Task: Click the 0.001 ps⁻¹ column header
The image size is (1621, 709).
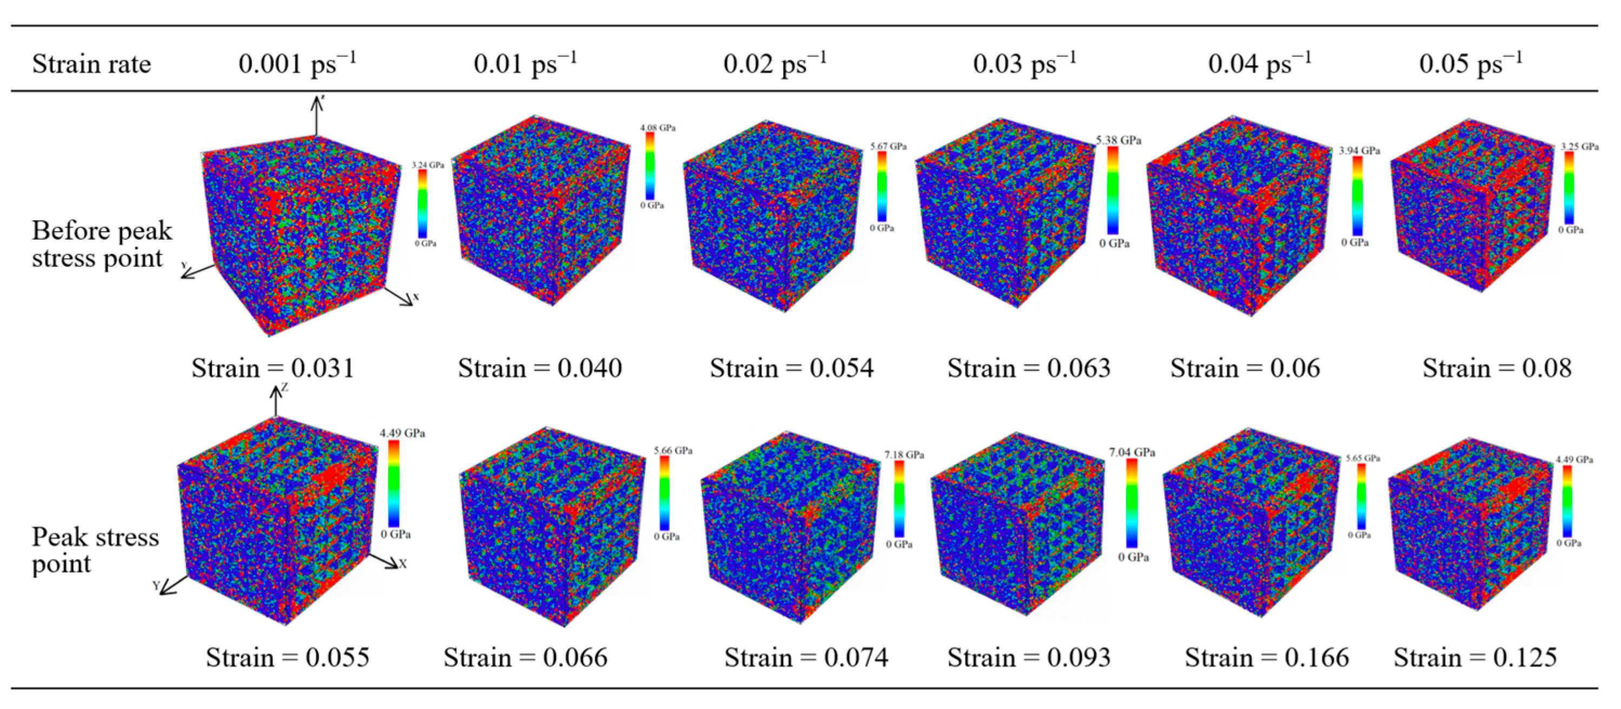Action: pyautogui.click(x=297, y=64)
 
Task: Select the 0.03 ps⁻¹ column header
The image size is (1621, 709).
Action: pyautogui.click(x=1024, y=64)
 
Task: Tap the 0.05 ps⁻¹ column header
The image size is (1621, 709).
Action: pyautogui.click(x=1471, y=64)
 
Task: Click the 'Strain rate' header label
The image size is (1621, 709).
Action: pyautogui.click(x=92, y=64)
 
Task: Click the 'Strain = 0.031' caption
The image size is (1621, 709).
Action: pyautogui.click(x=273, y=367)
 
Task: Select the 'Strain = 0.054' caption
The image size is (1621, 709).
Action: pyautogui.click(x=792, y=367)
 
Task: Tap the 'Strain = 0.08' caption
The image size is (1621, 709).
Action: pyautogui.click(x=1497, y=367)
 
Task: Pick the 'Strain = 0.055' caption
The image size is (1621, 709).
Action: pyautogui.click(x=288, y=658)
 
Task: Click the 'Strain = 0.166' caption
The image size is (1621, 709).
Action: pyautogui.click(x=1267, y=658)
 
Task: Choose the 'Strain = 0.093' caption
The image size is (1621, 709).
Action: pyautogui.click(x=1029, y=658)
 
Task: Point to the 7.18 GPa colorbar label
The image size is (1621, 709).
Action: pyautogui.click(x=904, y=455)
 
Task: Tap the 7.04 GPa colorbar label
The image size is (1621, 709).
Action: pyautogui.click(x=1132, y=452)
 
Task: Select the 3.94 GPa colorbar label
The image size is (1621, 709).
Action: pyautogui.click(x=1359, y=150)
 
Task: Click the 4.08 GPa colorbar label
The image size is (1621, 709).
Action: pyautogui.click(x=658, y=128)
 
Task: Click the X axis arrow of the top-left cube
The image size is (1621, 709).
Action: pyautogui.click(x=400, y=297)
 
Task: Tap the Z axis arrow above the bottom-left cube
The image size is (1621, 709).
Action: pyautogui.click(x=276, y=401)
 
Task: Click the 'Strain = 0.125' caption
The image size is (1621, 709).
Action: pyautogui.click(x=1475, y=658)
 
